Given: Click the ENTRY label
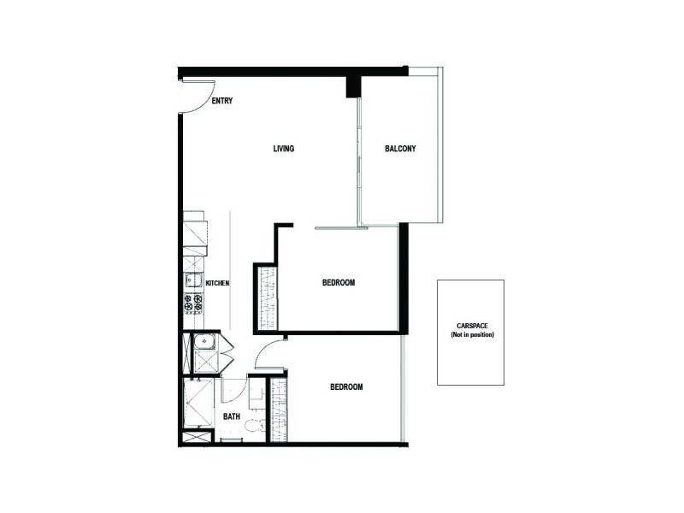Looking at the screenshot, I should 222,101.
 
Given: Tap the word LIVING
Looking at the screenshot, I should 284,149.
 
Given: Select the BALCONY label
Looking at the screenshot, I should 400,149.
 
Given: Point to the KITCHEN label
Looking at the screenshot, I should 217,282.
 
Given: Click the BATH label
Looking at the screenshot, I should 232,417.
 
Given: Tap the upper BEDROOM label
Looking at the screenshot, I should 339,282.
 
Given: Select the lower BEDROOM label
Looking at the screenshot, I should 346,387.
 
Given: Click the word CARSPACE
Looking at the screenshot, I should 472,325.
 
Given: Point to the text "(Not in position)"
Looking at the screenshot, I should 472,334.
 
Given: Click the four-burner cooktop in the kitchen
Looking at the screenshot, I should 193,302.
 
